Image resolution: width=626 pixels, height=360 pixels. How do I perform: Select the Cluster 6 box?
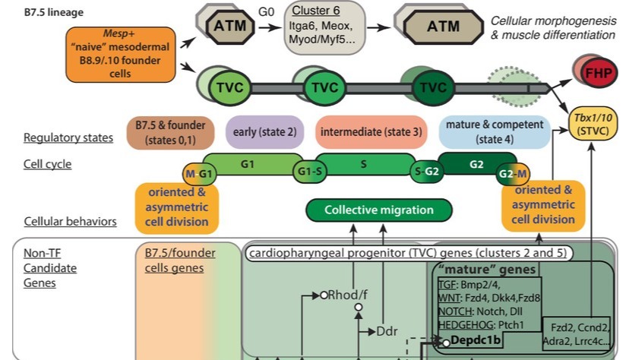pos(325,27)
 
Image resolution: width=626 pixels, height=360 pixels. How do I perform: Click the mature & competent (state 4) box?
pos(495,131)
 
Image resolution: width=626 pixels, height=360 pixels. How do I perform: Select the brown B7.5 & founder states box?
pos(166,131)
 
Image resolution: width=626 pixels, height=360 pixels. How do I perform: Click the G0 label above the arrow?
pos(267,12)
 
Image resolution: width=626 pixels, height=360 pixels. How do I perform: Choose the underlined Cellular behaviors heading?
pos(70,222)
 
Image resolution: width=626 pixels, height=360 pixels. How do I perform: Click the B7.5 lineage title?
pos(54,13)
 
